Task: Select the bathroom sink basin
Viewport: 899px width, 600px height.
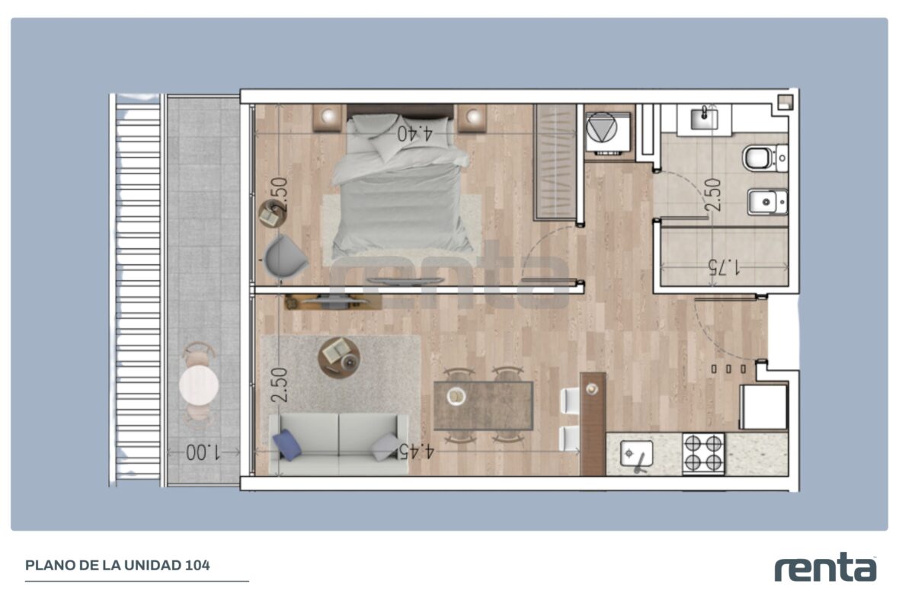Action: (704, 119)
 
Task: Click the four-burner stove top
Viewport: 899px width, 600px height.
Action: (703, 453)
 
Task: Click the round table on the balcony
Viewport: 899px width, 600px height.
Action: (198, 385)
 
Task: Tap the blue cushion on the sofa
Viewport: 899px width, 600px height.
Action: (287, 445)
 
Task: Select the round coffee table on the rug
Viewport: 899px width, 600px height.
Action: (339, 358)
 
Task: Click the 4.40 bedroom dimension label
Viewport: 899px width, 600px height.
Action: (414, 133)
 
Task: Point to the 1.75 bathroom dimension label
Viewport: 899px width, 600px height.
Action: (724, 267)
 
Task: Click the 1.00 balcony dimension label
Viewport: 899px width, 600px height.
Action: (203, 452)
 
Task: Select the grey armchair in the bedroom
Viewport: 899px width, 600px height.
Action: (285, 258)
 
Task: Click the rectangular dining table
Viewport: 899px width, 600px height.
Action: (483, 405)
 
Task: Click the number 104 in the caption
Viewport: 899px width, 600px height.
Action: (197, 565)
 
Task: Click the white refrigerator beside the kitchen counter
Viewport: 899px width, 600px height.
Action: (763, 407)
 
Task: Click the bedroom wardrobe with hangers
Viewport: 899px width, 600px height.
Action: (555, 162)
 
